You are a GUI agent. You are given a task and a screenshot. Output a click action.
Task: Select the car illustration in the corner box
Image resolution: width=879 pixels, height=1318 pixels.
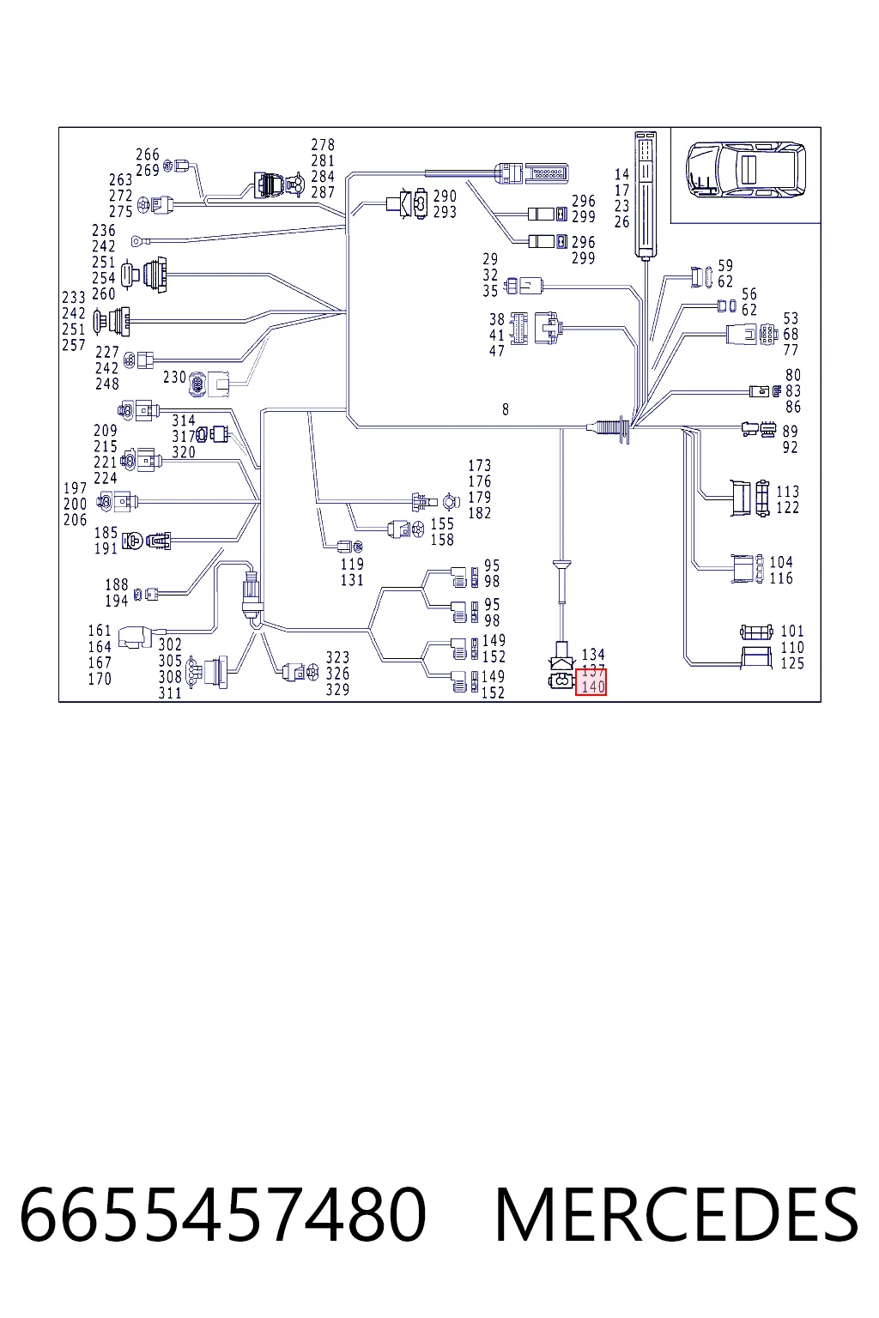pyautogui.click(x=745, y=169)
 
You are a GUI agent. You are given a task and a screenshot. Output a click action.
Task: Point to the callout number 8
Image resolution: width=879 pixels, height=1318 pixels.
pyautogui.click(x=506, y=409)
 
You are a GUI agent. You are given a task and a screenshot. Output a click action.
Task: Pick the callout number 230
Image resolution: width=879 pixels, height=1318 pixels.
pyautogui.click(x=174, y=378)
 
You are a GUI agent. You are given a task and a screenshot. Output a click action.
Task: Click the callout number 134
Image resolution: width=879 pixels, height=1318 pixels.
pyautogui.click(x=593, y=655)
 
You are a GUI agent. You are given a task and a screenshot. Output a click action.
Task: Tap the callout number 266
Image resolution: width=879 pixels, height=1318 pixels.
pyautogui.click(x=147, y=154)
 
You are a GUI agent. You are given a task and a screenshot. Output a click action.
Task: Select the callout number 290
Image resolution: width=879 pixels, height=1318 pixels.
pyautogui.click(x=445, y=196)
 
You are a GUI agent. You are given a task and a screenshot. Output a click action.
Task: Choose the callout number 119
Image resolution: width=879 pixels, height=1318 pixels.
pyautogui.click(x=352, y=564)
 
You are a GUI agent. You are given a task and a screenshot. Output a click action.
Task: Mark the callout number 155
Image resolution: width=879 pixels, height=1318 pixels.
pyautogui.click(x=442, y=523)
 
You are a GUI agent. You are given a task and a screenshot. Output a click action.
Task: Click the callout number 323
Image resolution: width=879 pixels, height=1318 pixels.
pyautogui.click(x=337, y=657)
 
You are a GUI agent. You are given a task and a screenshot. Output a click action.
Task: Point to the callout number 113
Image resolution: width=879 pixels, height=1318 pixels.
pyautogui.click(x=787, y=492)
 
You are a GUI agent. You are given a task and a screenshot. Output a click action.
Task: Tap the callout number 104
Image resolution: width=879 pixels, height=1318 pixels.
pyautogui.click(x=781, y=562)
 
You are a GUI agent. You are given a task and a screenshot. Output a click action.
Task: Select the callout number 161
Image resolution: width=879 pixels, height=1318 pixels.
pyautogui.click(x=100, y=631)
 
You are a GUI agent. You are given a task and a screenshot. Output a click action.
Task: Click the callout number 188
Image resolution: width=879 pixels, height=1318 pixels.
pyautogui.click(x=117, y=584)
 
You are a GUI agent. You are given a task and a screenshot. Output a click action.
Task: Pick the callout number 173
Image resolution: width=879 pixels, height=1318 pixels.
pyautogui.click(x=479, y=465)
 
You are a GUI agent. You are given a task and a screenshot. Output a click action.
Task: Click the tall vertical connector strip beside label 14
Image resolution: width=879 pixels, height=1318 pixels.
pyautogui.click(x=646, y=195)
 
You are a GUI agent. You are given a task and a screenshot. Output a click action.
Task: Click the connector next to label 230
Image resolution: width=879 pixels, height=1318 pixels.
pyautogui.click(x=209, y=383)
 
